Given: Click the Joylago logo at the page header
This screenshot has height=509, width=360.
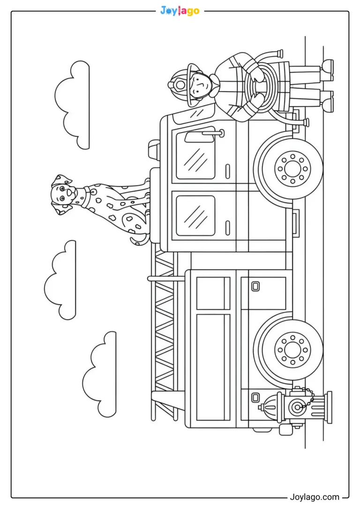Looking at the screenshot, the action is pyautogui.click(x=180, y=11).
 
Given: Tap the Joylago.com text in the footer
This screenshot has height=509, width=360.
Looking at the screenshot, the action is pyautogui.click(x=314, y=497).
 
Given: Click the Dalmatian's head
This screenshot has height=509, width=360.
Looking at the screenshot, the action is pyautogui.click(x=64, y=195).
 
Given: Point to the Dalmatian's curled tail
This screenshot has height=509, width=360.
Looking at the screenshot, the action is pyautogui.click(x=139, y=240).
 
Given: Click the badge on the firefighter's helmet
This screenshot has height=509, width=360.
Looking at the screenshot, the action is pyautogui.click(x=178, y=84).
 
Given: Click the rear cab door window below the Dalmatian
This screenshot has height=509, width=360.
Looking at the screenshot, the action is pyautogui.click(x=196, y=216).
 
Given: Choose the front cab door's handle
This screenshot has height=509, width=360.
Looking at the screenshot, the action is pyautogui.click(x=227, y=171).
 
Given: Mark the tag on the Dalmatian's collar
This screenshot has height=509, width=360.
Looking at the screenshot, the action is pyautogui.click(x=92, y=191).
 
